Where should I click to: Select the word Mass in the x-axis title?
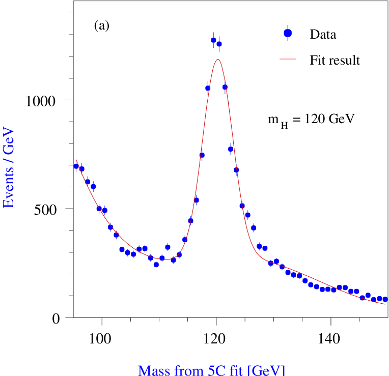pyautogui.click(x=153, y=369)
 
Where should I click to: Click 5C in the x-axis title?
pyautogui.click(x=214, y=369)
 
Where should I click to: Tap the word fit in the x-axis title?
pyautogui.click(x=236, y=369)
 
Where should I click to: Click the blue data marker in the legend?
pyautogui.click(x=288, y=33)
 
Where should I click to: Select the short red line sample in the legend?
pyautogui.click(x=288, y=59)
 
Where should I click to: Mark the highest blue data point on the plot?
pyautogui.click(x=213, y=40)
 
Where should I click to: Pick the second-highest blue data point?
pyautogui.click(x=219, y=44)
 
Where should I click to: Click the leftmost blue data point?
pyautogui.click(x=76, y=166)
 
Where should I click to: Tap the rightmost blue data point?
pyautogui.click(x=385, y=300)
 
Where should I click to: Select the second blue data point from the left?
pyautogui.click(x=82, y=169)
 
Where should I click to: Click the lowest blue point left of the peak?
pyautogui.click(x=156, y=265)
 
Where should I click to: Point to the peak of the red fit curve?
pyautogui.click(x=218, y=60)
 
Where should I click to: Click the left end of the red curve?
pyautogui.click(x=76, y=160)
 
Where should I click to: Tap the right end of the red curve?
pyautogui.click(x=385, y=304)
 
